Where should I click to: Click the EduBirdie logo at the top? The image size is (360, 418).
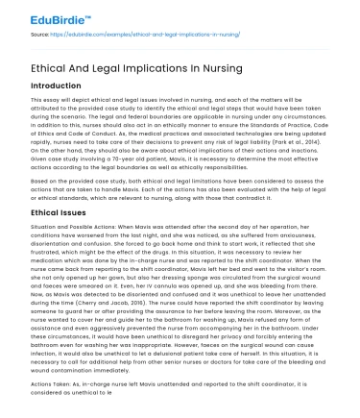38,17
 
